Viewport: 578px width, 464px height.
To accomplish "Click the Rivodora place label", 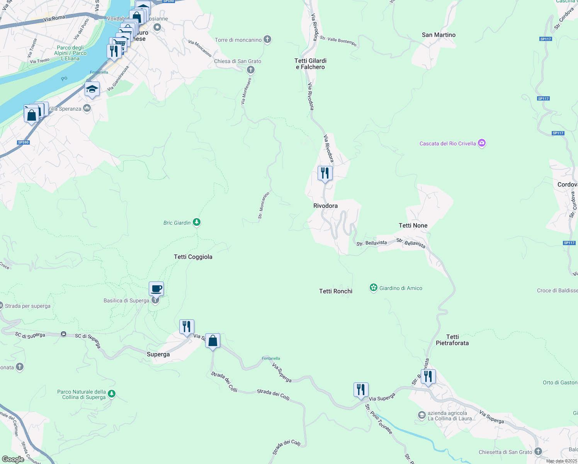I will [325, 206].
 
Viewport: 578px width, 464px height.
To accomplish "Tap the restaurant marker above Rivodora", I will [325, 173].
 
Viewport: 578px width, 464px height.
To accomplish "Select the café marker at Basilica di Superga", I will [156, 289].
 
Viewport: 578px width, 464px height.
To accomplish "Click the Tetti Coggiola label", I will [193, 257].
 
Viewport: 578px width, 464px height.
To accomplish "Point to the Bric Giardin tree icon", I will [197, 222].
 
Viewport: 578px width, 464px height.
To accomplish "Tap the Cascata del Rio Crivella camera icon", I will [481, 143].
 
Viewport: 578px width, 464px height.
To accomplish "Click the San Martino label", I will [439, 35].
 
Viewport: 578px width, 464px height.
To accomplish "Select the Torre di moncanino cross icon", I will [267, 39].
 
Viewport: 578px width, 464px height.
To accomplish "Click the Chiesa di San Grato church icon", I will [251, 70].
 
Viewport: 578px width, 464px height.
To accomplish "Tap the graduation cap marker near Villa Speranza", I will [92, 89].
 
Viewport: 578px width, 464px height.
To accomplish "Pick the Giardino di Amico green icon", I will [373, 288].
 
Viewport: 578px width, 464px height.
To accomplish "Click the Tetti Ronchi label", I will [336, 291].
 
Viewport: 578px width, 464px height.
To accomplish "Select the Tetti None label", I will [413, 225].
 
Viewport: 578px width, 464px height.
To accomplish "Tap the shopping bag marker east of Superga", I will [212, 341].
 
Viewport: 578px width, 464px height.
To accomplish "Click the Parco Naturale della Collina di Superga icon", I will [112, 394].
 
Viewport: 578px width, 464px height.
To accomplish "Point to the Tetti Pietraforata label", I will [452, 340].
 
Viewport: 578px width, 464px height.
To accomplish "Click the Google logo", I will [13, 459].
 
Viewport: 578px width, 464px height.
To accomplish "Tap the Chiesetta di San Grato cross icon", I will [538, 452].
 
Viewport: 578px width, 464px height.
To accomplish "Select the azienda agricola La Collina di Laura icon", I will [422, 415].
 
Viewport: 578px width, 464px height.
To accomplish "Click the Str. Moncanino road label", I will [263, 205].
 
